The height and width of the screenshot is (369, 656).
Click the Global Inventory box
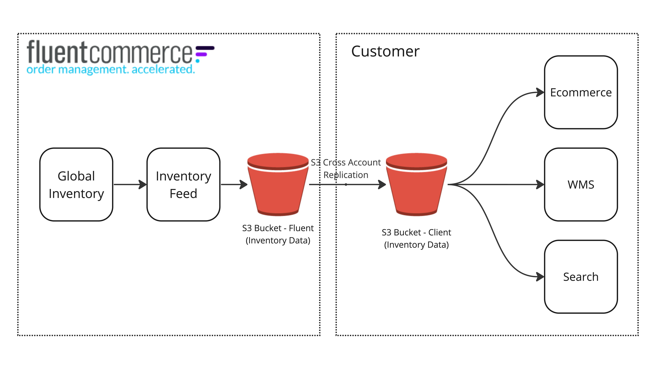click(x=76, y=184)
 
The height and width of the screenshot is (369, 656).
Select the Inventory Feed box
click(x=183, y=184)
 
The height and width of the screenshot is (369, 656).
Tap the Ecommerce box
click(x=581, y=92)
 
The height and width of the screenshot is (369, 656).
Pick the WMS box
click(x=581, y=184)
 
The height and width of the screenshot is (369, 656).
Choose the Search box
click(x=581, y=277)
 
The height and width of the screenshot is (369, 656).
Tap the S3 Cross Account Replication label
click(x=346, y=169)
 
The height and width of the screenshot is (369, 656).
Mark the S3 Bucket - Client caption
click(x=416, y=238)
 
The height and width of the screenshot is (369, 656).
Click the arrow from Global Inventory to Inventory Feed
click(x=130, y=184)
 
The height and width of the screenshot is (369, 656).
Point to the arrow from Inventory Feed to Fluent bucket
click(x=234, y=184)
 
